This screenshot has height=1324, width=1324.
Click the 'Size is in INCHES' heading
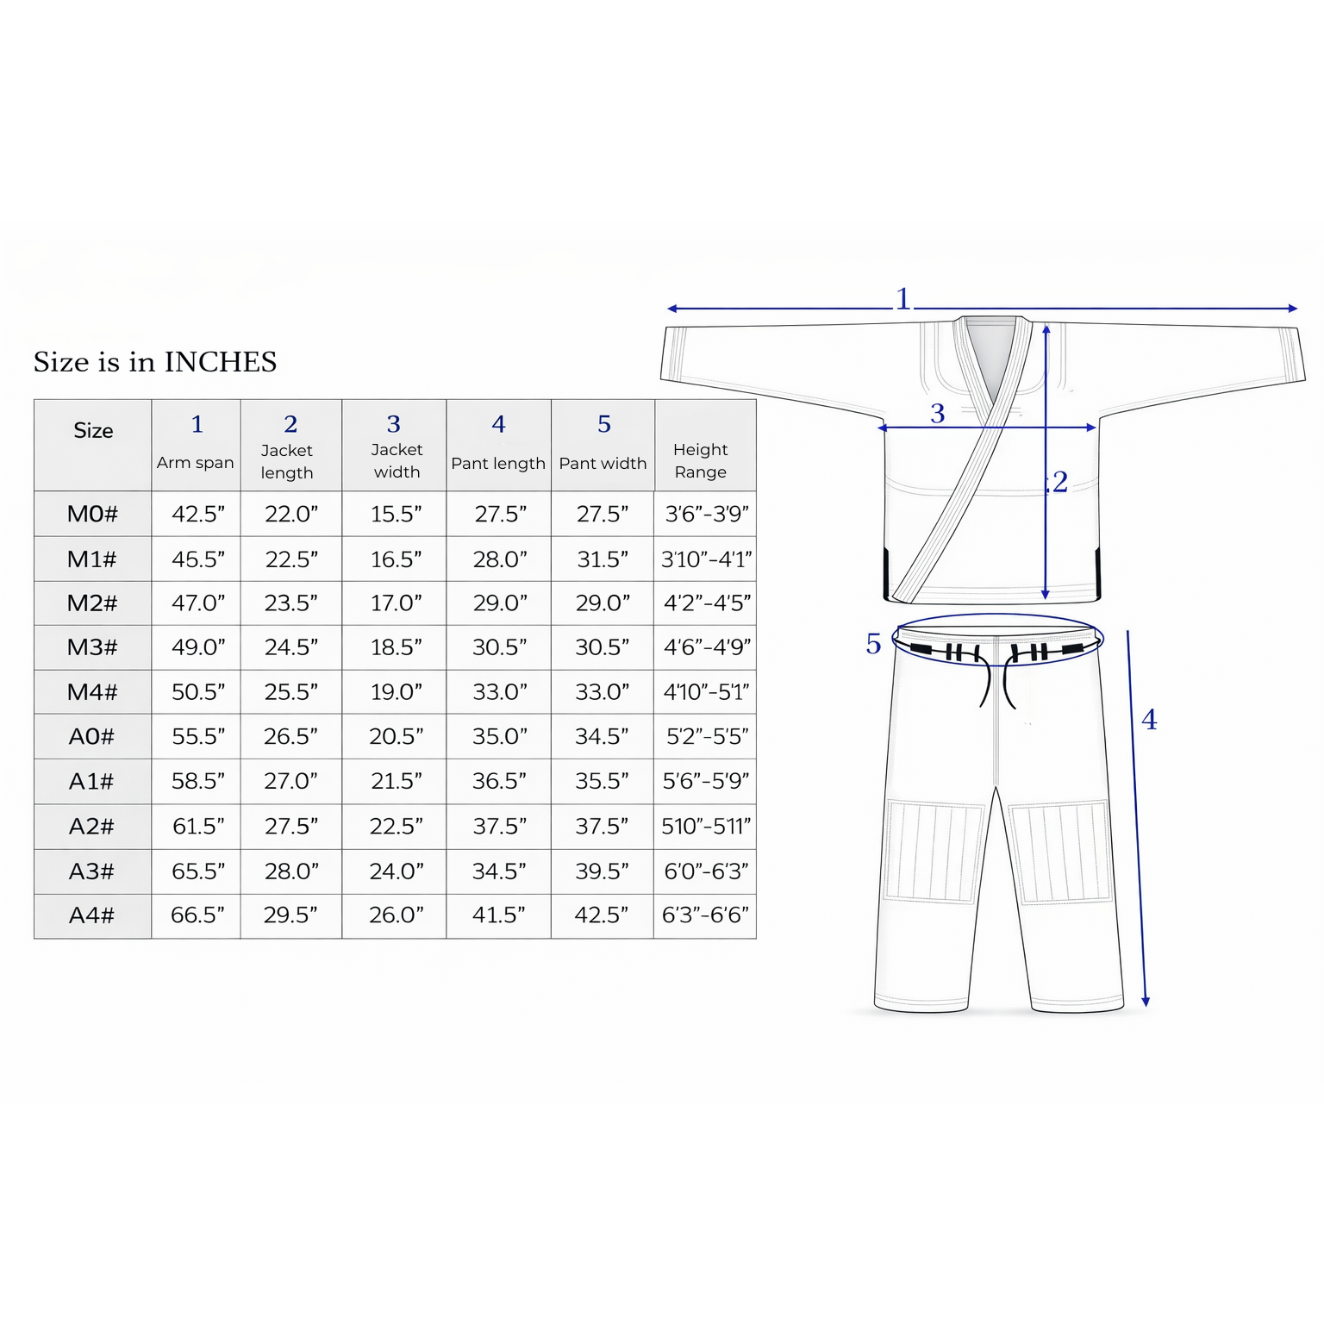pos(155,361)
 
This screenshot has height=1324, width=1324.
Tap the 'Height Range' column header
pos(701,460)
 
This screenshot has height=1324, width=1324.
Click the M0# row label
pos(92,514)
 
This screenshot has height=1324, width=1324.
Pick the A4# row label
pos(92,915)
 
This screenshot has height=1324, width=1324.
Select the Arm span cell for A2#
pos(198,826)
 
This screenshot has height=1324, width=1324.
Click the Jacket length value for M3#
pos(291,646)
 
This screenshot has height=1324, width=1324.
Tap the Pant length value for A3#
pos(499,871)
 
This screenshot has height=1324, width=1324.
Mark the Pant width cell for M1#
pos(603,559)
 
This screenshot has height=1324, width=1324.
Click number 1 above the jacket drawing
pos(902,299)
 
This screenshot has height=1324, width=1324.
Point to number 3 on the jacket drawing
pos(938,414)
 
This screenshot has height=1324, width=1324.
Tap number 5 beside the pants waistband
pos(873,644)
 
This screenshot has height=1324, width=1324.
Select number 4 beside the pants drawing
pos(1149,720)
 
